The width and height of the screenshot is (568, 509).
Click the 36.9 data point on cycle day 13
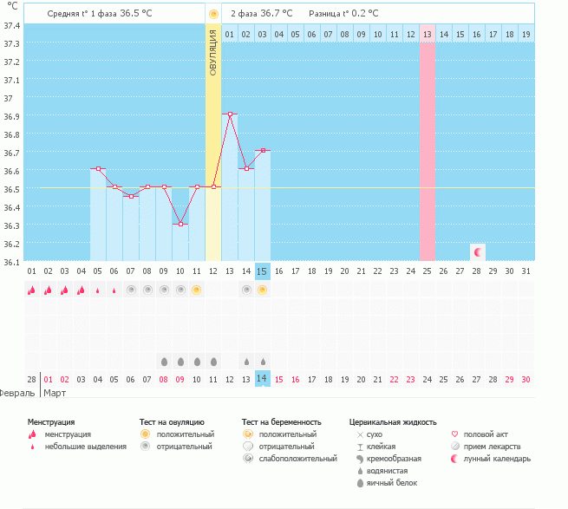[230, 114]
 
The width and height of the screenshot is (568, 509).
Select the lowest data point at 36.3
[180, 224]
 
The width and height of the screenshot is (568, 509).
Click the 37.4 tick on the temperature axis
[13, 24]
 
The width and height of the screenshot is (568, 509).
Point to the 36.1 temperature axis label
[13, 262]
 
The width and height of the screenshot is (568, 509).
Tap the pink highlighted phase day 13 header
[427, 34]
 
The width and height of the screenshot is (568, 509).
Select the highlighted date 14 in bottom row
[263, 379]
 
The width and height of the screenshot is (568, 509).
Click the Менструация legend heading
[51, 421]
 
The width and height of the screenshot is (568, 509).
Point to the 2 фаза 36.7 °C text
[261, 14]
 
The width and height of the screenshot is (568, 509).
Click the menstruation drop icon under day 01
[32, 290]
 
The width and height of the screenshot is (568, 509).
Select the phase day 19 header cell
[526, 34]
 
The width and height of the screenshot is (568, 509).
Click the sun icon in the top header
[213, 14]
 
